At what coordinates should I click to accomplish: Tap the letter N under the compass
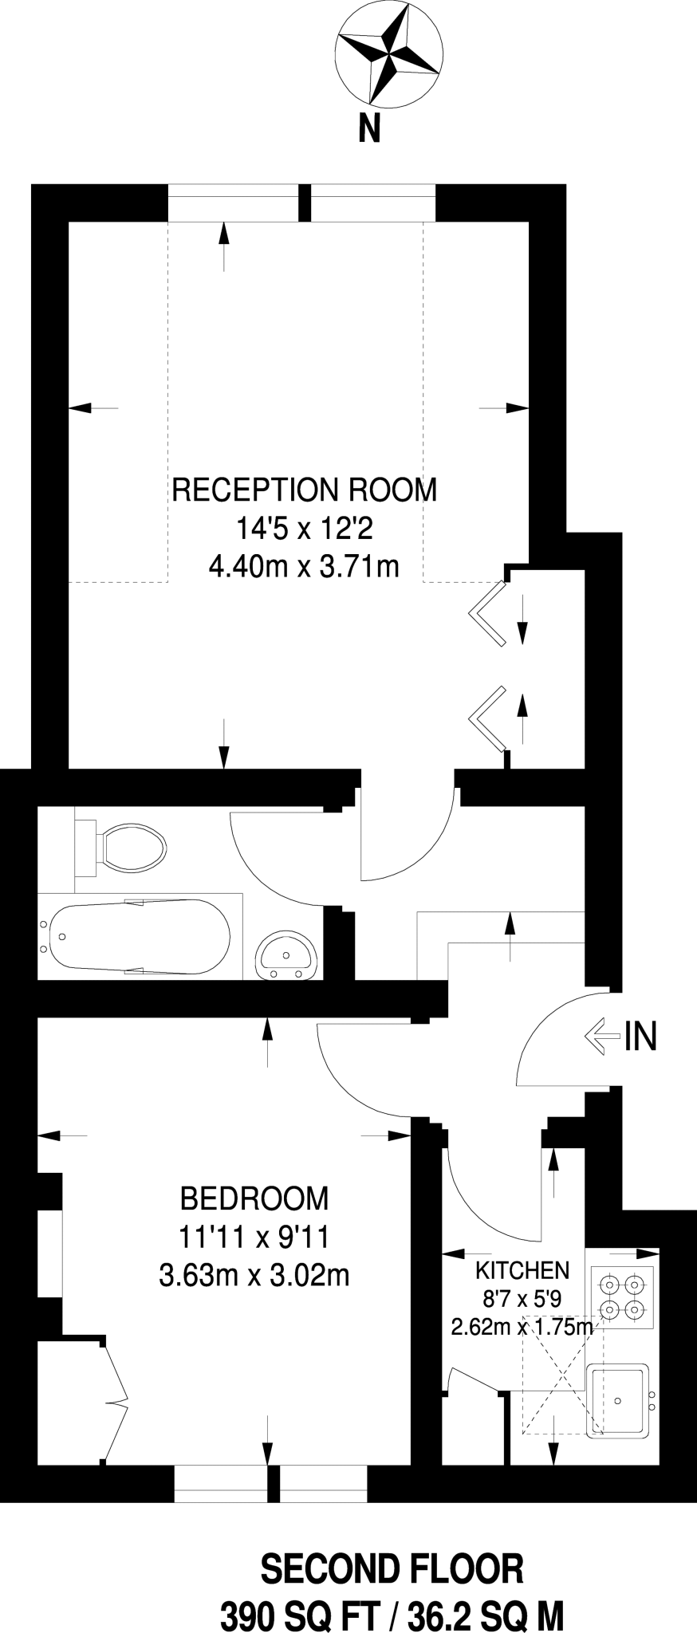coord(369,128)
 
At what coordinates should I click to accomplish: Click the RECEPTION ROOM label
coord(305,490)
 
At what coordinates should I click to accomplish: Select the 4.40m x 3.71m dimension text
coord(303,567)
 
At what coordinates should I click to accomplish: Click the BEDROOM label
coord(254,1198)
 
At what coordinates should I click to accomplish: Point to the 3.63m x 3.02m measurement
coord(254,1276)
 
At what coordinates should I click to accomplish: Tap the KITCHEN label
coord(522,1270)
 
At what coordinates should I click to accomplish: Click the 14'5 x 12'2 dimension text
coord(304,528)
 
